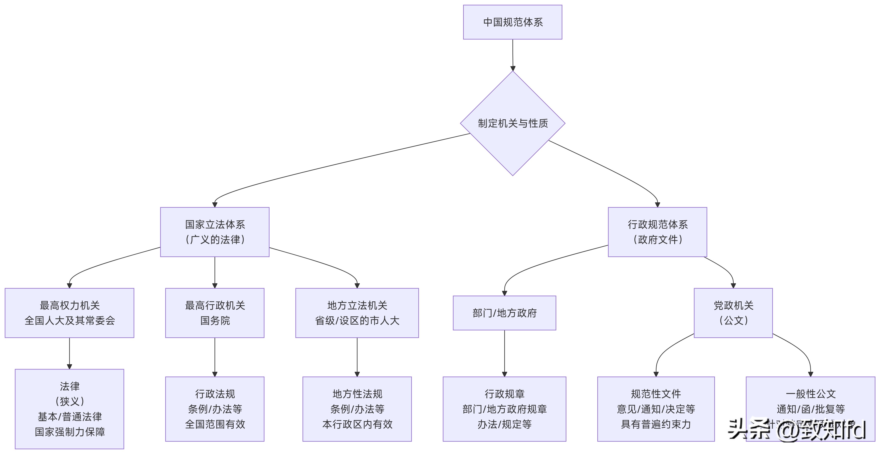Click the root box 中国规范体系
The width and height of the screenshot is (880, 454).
tap(512, 22)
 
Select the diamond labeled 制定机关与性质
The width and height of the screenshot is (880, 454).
tap(512, 123)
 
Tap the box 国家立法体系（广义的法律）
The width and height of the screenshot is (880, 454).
tap(215, 232)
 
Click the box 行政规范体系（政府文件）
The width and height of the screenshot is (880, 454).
tap(657, 232)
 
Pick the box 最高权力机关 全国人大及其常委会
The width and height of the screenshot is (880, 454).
tap(69, 313)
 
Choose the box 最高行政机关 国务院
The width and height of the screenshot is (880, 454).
tap(215, 313)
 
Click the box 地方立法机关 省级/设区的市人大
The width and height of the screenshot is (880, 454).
tap(357, 313)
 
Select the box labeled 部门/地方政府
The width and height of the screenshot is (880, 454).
tap(504, 313)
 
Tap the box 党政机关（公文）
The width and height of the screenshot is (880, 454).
tap(733, 313)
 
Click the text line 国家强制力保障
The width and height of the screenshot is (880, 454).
tap(69, 432)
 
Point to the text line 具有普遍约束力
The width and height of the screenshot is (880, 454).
tap(655, 424)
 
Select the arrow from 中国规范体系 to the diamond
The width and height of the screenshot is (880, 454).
tap(512, 55)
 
